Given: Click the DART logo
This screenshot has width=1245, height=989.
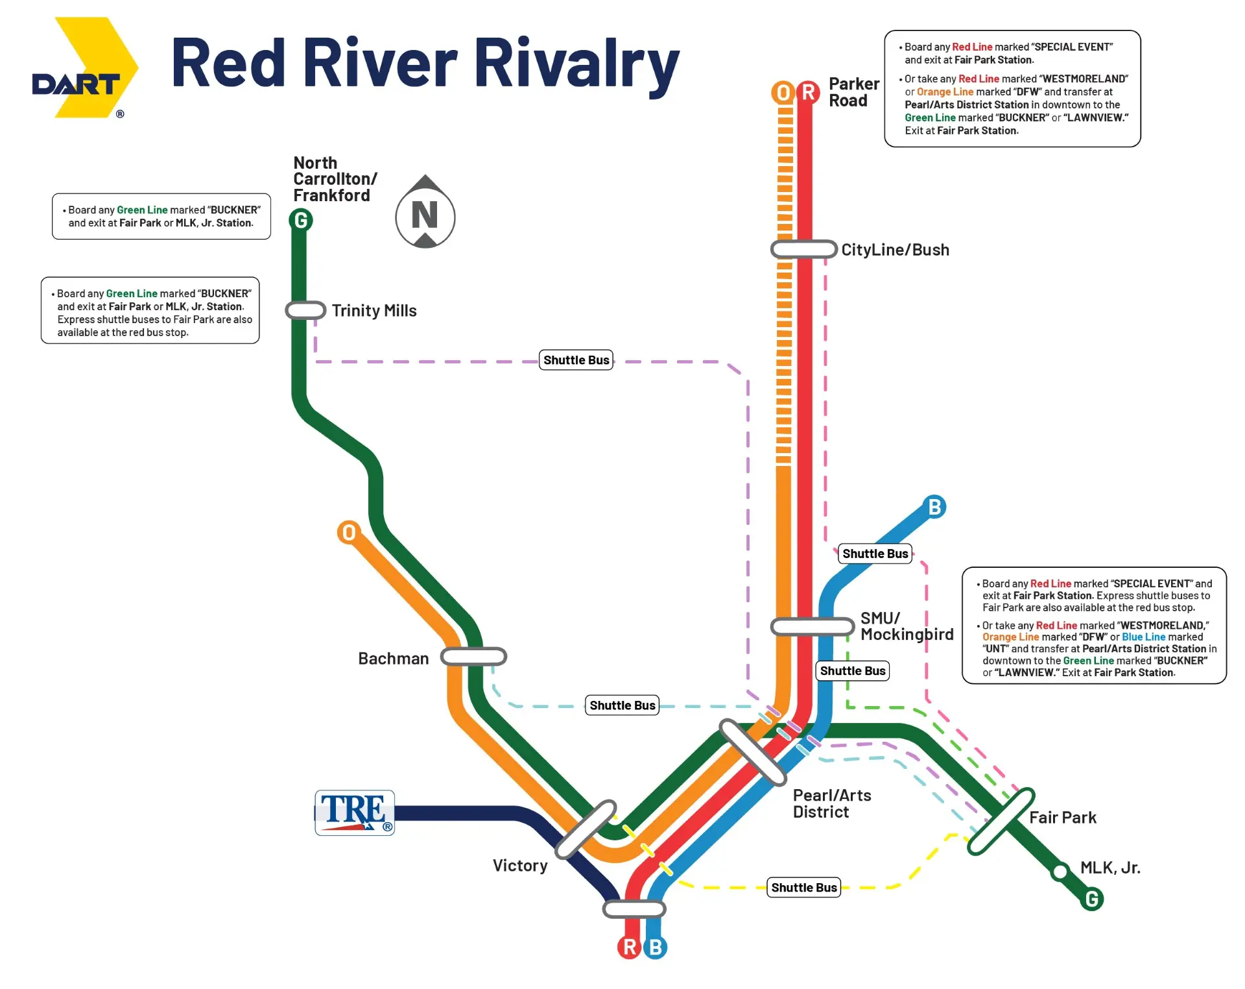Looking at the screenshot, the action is click(85, 67).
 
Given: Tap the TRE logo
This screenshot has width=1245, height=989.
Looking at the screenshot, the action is click(355, 812).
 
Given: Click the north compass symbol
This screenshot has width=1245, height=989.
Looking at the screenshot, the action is click(425, 212).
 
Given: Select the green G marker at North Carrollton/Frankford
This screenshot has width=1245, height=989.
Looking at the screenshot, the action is click(301, 221).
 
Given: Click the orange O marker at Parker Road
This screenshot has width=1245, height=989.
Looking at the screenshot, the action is click(783, 93).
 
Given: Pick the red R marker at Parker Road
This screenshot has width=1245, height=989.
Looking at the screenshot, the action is click(808, 92).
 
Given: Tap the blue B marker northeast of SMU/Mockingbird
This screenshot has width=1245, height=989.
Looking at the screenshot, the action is click(934, 507).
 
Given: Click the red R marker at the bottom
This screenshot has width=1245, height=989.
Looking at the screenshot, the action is click(629, 947).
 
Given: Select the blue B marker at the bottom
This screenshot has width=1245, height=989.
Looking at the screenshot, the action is click(655, 947).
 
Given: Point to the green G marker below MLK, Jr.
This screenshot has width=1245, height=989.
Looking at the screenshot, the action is click(1092, 899).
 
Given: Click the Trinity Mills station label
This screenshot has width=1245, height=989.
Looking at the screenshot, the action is click(374, 311).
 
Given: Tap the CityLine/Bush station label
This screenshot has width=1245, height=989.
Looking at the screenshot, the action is click(895, 250).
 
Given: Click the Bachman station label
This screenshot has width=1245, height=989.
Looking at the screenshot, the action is click(394, 659).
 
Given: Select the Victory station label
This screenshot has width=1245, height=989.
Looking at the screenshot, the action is click(520, 866).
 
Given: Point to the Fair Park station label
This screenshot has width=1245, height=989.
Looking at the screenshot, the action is click(1063, 818).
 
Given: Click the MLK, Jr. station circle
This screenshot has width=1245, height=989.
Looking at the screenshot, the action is click(1060, 872).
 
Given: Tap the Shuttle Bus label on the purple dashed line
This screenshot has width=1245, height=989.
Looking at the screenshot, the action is click(576, 360).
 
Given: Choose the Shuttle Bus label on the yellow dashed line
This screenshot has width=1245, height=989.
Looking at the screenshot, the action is click(804, 888).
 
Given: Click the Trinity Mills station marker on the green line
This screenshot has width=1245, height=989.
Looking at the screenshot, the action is click(305, 310).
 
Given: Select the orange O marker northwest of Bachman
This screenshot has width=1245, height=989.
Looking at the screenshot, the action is click(349, 532).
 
